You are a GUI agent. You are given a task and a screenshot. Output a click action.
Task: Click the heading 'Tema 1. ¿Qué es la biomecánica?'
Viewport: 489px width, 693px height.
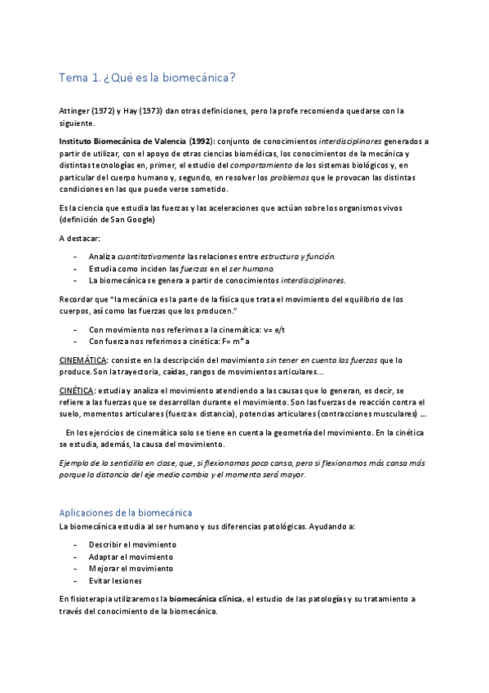148,78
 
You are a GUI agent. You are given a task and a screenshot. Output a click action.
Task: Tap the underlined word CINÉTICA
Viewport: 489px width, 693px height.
77,391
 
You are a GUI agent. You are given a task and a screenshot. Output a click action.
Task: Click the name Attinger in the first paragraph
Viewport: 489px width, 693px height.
75,110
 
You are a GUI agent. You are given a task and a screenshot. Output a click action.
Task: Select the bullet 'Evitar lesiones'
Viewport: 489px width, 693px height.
115,580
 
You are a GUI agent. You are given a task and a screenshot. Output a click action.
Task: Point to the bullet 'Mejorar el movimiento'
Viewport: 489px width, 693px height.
131,568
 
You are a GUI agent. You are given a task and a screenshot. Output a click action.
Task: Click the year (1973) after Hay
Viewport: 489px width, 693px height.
145,110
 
